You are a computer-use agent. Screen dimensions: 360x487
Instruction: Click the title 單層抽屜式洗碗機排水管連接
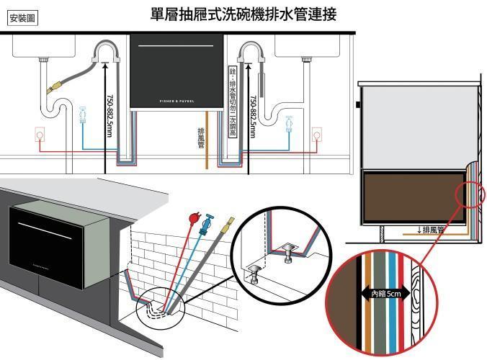tap(243, 13)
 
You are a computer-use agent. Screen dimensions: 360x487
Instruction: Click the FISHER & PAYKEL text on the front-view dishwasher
tap(166, 96)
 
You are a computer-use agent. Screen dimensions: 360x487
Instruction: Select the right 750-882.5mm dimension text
tap(252, 116)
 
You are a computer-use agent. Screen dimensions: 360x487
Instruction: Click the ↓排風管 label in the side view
tap(432, 230)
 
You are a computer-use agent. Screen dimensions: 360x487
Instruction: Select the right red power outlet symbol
tap(316, 134)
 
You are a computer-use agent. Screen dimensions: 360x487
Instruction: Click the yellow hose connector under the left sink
tap(51, 90)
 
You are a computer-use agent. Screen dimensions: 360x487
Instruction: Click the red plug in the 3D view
tap(192, 216)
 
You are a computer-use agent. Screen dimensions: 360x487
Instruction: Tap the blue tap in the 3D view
tap(210, 219)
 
